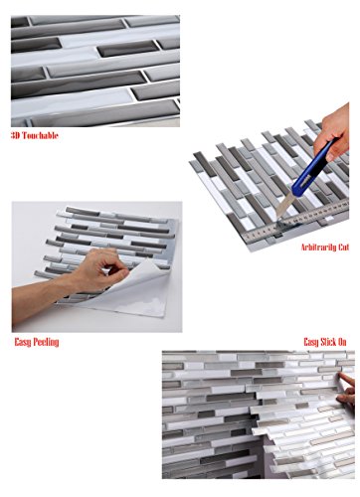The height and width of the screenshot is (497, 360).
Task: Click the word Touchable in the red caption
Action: pyautogui.click(x=40, y=135)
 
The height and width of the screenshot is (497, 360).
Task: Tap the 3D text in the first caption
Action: pyautogui.click(x=16, y=135)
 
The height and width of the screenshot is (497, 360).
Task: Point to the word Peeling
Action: pyautogui.click(x=46, y=342)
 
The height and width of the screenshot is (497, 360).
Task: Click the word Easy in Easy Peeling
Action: pyautogui.click(x=23, y=342)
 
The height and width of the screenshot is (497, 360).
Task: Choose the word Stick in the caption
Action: pyautogui.click(x=328, y=342)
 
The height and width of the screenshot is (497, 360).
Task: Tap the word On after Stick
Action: pyautogui.click(x=342, y=342)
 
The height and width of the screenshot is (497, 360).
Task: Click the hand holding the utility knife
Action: pyautogui.click(x=332, y=132)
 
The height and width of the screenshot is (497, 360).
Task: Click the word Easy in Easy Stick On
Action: pyautogui.click(x=311, y=342)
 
